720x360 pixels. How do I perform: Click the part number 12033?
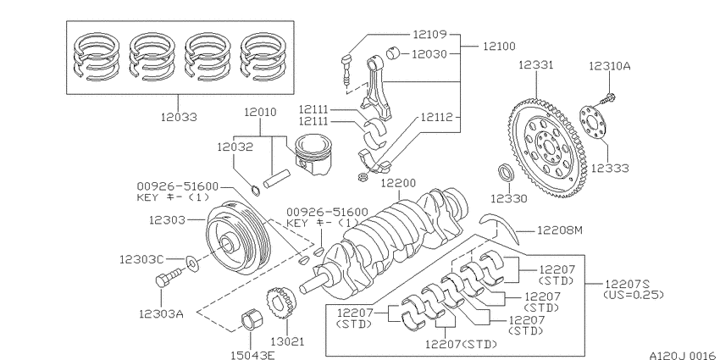coord(179,117)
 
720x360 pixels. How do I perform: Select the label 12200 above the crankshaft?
coord(399,183)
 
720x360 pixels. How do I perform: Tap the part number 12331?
coord(536,64)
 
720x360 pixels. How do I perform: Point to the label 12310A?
coord(610,66)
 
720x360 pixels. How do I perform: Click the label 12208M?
coord(559,230)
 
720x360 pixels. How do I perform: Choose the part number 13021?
coord(287,341)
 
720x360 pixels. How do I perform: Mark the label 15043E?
coord(252,355)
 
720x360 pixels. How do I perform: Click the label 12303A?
coord(161,314)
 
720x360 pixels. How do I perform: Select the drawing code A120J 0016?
coord(683,355)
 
